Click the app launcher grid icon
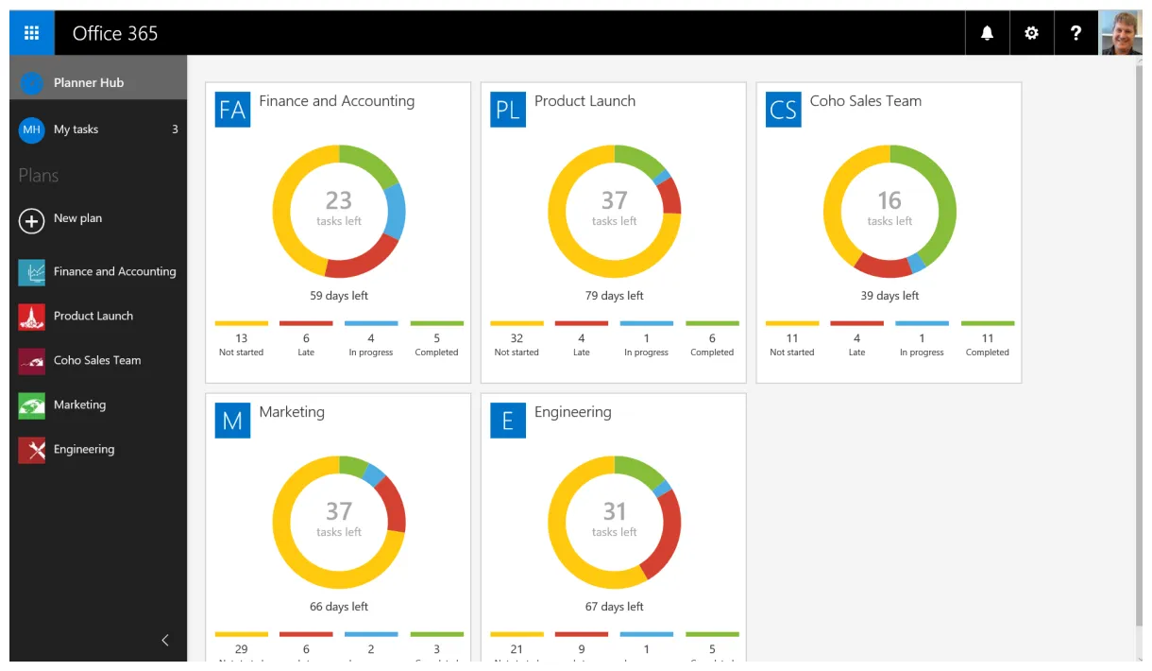click(31, 33)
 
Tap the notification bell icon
click(987, 33)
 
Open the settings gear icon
click(1031, 33)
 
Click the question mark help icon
click(1076, 33)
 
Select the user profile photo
click(1121, 33)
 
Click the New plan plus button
click(31, 220)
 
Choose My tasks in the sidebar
click(76, 129)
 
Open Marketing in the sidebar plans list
click(79, 404)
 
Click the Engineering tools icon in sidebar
click(31, 451)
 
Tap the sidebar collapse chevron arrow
click(165, 640)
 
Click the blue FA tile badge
click(232, 110)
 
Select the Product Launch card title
click(584, 101)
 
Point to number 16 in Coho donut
click(889, 200)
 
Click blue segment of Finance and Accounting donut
click(395, 210)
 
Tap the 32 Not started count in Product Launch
click(517, 338)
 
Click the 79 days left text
click(614, 296)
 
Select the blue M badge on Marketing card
click(232, 421)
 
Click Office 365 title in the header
click(115, 33)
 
